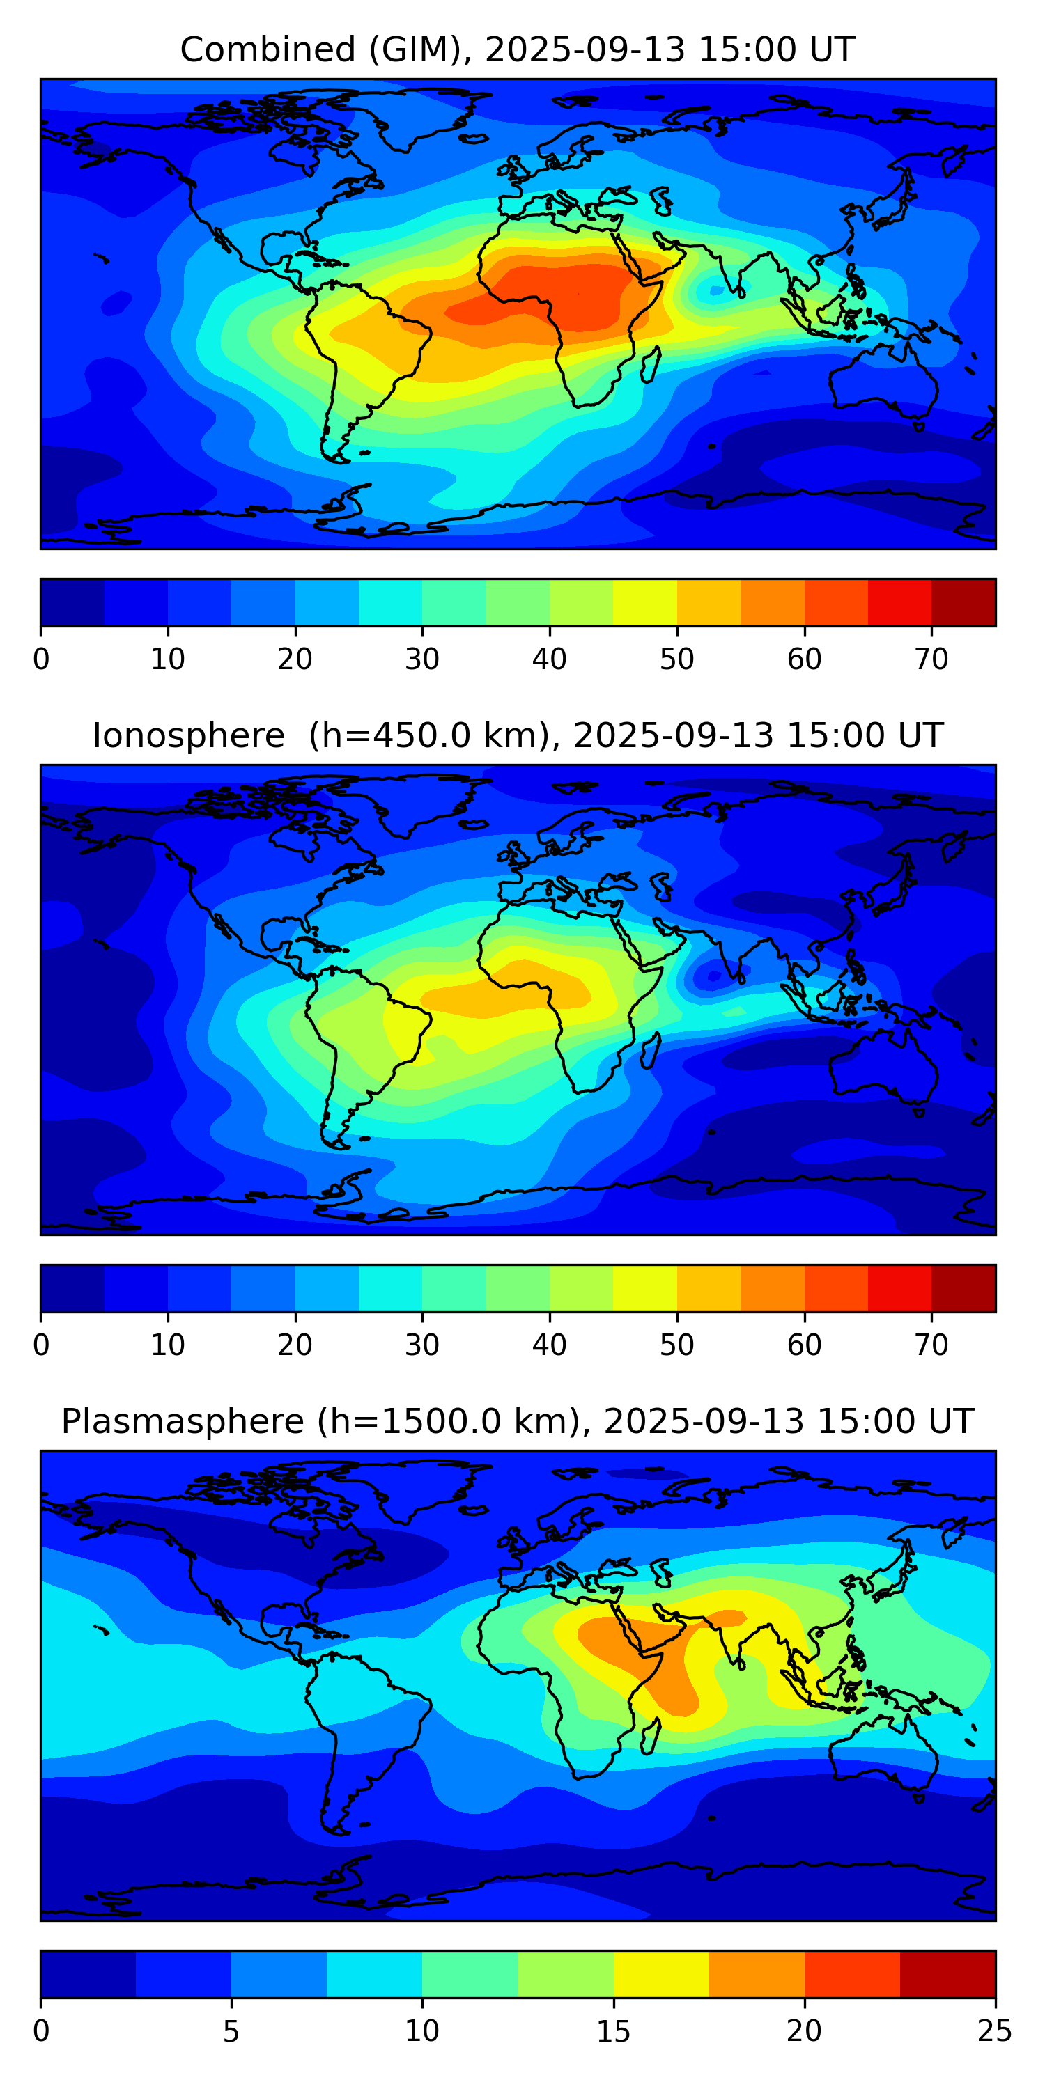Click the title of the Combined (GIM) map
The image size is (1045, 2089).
(517, 49)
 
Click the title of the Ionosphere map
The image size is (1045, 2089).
(517, 735)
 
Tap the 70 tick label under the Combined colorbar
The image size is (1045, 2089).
(931, 659)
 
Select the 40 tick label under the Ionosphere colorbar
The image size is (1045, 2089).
(549, 1345)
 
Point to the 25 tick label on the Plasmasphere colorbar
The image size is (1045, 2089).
(995, 2031)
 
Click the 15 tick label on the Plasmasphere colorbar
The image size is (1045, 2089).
(613, 2031)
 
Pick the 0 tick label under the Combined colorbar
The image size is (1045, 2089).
(41, 659)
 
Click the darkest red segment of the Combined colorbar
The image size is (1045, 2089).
(963, 602)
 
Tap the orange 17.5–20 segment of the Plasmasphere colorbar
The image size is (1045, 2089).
(756, 1974)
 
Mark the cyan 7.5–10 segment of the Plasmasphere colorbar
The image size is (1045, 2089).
(374, 1974)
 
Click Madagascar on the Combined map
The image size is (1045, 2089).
(650, 364)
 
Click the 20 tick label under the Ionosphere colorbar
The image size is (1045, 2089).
(295, 1345)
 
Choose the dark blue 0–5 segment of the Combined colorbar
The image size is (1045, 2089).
(72, 602)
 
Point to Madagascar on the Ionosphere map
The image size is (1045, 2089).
(650, 1050)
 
